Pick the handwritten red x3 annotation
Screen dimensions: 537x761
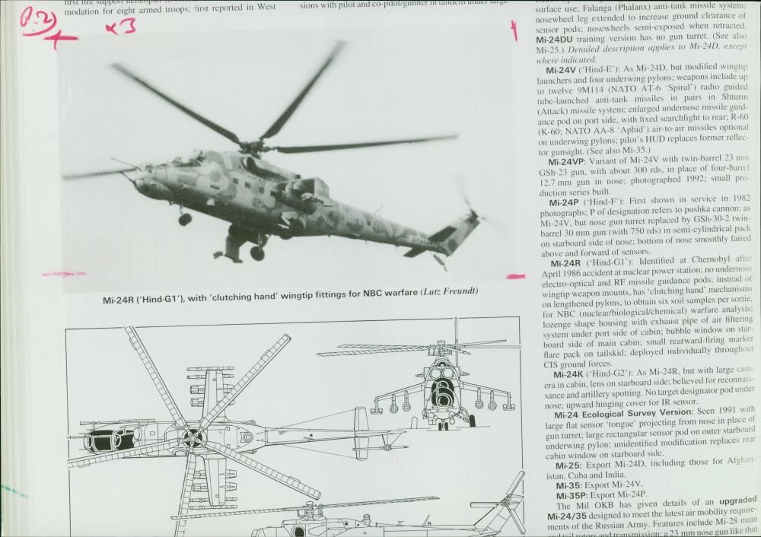120,27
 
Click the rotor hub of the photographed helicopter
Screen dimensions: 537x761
251,144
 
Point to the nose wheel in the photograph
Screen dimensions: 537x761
185,219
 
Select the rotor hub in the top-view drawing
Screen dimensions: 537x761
193,437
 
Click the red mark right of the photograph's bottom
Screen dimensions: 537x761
515,277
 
